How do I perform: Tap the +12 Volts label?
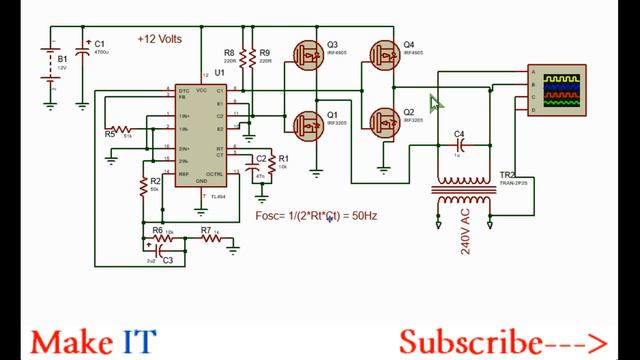[x=161, y=40]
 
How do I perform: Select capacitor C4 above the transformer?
[x=458, y=146]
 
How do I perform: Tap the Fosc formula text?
[x=316, y=215]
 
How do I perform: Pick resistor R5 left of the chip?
[x=121, y=129]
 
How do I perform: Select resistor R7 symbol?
[x=209, y=240]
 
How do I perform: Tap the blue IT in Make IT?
[x=139, y=342]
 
